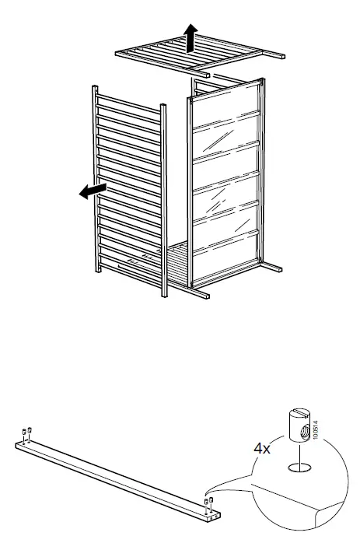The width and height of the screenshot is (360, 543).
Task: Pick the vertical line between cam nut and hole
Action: tap(297, 453)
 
